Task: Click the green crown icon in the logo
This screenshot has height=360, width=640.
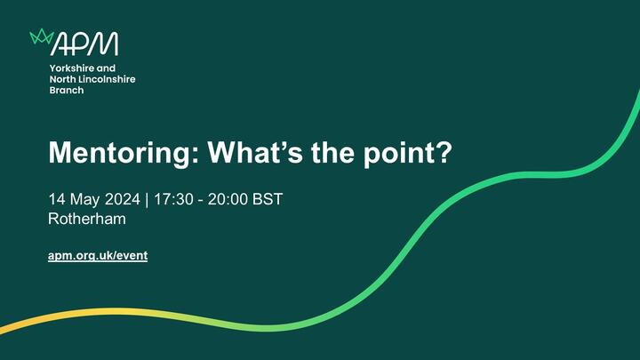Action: click(x=42, y=36)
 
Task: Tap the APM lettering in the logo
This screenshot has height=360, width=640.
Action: click(x=85, y=44)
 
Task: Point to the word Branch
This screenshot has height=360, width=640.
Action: click(x=67, y=90)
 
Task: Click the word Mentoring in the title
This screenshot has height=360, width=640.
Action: click(x=124, y=154)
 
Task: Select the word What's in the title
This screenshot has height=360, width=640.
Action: click(x=255, y=152)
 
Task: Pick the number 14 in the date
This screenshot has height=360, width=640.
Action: click(x=57, y=199)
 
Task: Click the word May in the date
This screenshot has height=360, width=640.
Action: click(x=85, y=200)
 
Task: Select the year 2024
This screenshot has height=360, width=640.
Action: click(x=123, y=199)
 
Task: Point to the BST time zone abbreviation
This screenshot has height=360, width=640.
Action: click(x=268, y=199)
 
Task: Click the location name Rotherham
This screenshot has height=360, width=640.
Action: click(x=87, y=219)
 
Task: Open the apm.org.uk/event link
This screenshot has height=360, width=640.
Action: click(x=98, y=256)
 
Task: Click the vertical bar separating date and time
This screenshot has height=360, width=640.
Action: click(x=147, y=200)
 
